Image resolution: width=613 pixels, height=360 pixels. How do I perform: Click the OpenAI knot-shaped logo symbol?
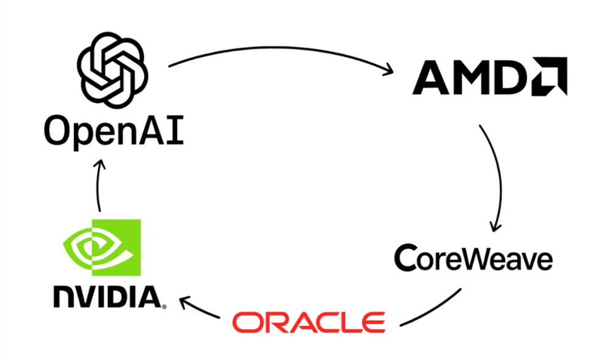113,67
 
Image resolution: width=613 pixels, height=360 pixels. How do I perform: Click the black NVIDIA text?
108,297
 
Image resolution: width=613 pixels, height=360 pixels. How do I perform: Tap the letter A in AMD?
432,77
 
